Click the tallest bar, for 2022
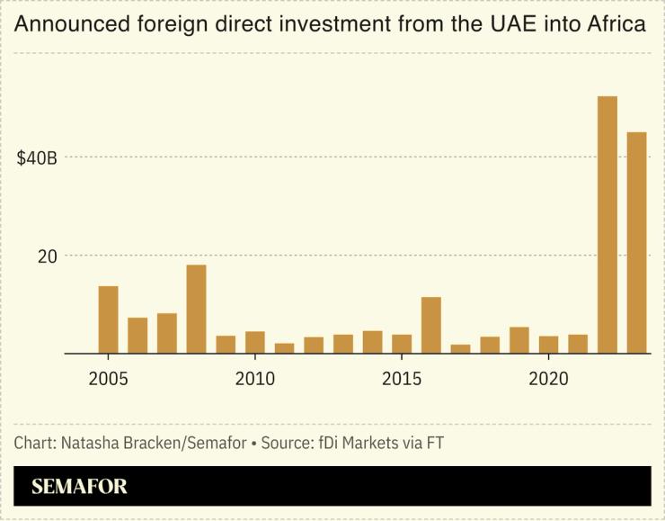607,225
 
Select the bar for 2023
636,243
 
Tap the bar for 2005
108,319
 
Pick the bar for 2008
196,309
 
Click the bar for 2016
431,325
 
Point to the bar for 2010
255,342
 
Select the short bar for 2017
460,348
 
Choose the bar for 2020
548,344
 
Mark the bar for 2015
402,343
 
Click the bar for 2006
137,335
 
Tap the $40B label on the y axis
37,158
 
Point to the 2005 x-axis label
108,379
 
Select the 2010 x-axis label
255,379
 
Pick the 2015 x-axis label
402,379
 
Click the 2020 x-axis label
548,379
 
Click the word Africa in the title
616,24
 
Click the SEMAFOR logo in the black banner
79,487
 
